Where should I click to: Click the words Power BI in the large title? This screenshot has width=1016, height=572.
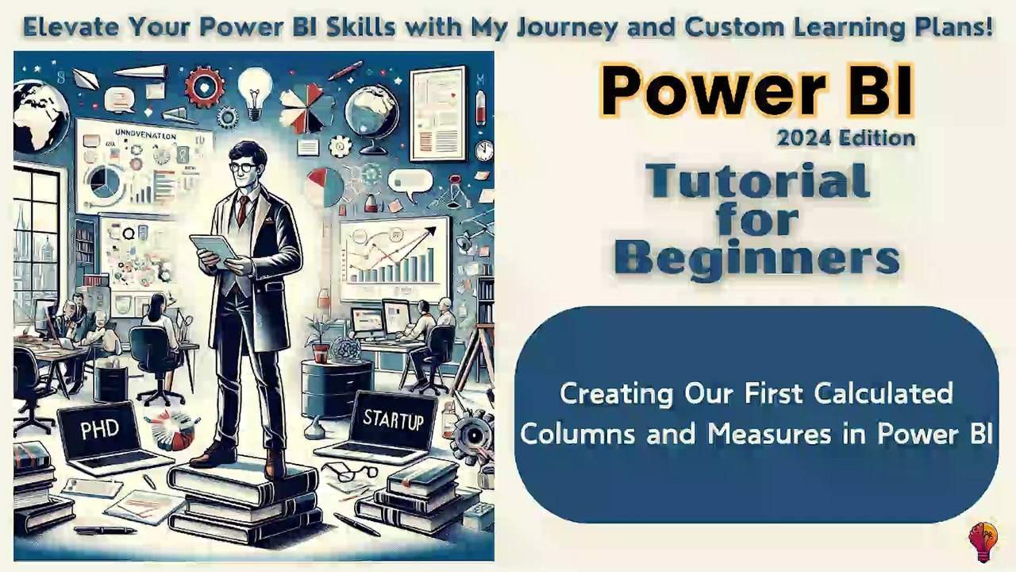756,91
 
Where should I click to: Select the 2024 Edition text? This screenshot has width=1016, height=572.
845,138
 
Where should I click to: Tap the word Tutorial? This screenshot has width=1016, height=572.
757,180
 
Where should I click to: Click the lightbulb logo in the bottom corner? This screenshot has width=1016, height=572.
983,540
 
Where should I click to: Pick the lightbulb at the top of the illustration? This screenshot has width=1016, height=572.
255,87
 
